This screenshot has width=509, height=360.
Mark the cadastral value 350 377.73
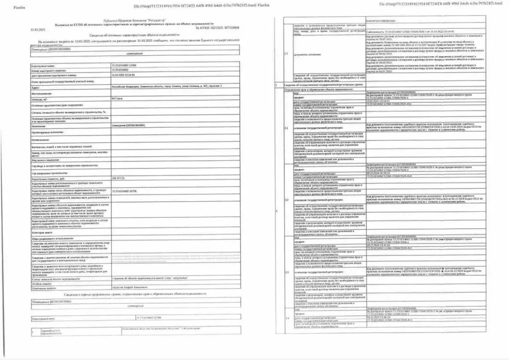coord(118,178)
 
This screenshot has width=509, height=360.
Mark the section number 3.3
coord(286,273)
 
